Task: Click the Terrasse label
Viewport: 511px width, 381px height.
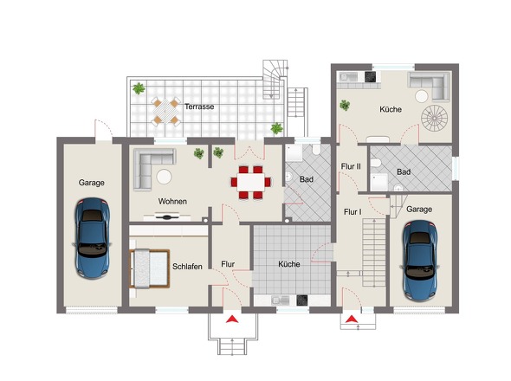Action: point(199,107)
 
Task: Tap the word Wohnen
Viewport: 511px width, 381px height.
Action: point(172,202)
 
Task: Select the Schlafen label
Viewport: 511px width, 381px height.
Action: point(187,267)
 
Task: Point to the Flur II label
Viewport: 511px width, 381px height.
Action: point(351,166)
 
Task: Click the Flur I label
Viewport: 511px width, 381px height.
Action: point(353,212)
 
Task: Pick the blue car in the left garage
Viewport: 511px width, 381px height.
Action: point(92,238)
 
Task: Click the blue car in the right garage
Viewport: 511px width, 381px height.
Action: point(420,261)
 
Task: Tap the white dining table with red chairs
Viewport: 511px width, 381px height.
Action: point(251,182)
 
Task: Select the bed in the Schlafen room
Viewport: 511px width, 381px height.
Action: point(150,268)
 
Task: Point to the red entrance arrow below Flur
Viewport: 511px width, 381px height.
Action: point(232,319)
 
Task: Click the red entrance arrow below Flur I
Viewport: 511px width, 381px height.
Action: point(352,319)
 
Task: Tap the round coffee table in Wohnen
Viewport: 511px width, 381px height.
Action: point(164,177)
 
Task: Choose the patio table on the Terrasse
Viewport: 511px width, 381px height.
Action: point(166,112)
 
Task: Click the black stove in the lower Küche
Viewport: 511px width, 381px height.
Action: point(301,300)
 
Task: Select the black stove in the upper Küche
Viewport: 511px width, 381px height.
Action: point(371,77)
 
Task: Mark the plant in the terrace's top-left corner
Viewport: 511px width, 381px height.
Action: point(139,88)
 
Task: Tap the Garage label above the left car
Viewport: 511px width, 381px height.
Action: point(91,183)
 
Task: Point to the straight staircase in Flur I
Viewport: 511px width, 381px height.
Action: point(374,253)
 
